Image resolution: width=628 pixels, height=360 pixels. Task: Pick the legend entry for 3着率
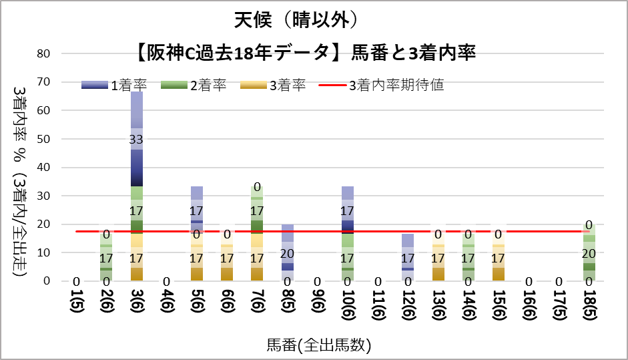[x=274, y=85]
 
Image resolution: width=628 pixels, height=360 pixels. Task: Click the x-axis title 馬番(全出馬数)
[x=318, y=345]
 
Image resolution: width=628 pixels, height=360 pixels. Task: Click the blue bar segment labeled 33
[x=136, y=139]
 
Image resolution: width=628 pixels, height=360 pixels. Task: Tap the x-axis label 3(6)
[x=136, y=304]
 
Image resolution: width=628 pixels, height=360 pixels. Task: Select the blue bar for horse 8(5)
[x=287, y=252]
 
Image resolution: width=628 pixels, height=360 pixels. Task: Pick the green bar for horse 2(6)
[x=106, y=257]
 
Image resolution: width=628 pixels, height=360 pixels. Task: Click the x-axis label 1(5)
[x=76, y=304]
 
